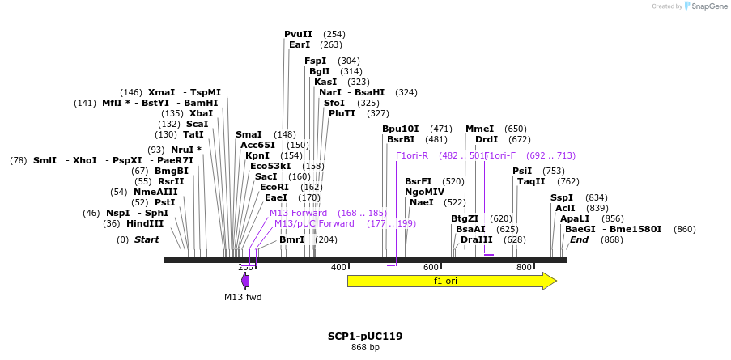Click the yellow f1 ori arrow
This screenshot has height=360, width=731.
(451, 281)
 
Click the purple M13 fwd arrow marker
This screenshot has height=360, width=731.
(245, 280)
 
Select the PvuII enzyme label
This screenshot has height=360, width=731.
(298, 34)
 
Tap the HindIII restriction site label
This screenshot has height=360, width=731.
(145, 223)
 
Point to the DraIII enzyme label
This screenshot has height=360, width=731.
(476, 239)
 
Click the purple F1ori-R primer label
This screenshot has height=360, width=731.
(411, 155)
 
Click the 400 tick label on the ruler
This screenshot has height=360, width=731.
(338, 267)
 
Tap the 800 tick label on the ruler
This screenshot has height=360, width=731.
(524, 267)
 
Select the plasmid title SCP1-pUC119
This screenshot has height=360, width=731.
(365, 336)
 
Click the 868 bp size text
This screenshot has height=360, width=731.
(365, 348)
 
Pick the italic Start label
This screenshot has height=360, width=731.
(147, 239)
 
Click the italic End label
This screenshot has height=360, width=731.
(579, 239)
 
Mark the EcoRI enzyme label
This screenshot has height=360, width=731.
(274, 187)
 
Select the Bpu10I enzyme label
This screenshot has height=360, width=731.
(401, 129)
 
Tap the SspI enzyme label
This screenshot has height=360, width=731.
(561, 197)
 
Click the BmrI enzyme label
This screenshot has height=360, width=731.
(291, 239)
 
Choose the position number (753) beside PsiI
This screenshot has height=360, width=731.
(554, 171)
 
